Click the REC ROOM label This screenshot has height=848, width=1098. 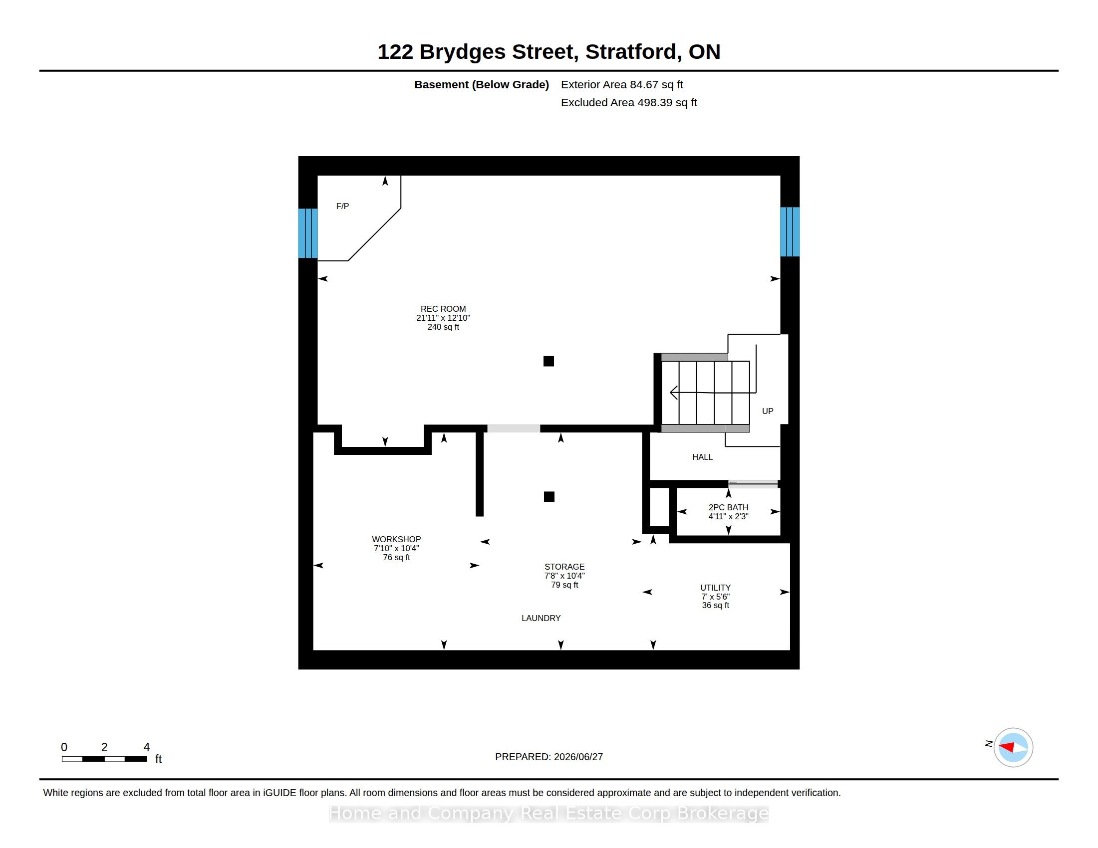[x=443, y=309]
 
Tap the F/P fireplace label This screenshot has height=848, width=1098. [x=342, y=206]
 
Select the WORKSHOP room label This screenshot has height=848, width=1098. [x=396, y=539]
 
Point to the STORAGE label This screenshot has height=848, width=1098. [x=564, y=567]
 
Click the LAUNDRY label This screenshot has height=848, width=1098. [x=541, y=618]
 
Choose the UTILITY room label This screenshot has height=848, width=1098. [x=715, y=588]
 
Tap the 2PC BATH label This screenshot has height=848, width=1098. [x=728, y=507]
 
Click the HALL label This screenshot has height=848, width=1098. [x=702, y=457]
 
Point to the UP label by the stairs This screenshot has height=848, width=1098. [x=767, y=411]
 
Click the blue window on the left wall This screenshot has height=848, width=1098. [x=307, y=233]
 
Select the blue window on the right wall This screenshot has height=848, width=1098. [x=790, y=231]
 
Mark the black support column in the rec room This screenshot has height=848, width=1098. [x=549, y=361]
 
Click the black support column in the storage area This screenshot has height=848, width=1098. [x=549, y=497]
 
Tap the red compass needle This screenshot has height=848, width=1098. [x=1006, y=747]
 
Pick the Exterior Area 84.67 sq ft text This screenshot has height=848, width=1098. [x=622, y=85]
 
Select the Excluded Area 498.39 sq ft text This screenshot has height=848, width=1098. [x=629, y=102]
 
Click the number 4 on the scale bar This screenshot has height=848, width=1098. [x=147, y=747]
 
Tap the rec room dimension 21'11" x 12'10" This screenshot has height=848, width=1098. [x=443, y=318]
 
